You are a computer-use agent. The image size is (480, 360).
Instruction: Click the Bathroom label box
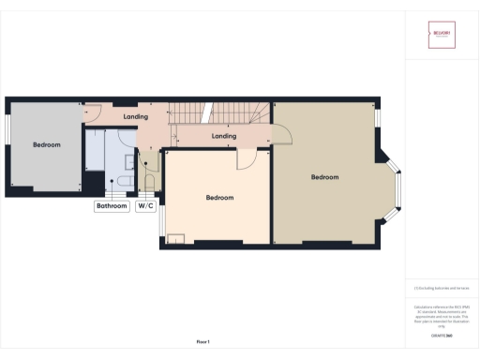[111, 206]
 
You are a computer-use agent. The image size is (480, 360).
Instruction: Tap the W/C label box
[145, 206]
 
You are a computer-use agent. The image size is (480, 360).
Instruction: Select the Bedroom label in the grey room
[47, 145]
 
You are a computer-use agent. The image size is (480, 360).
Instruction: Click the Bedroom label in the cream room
[219, 198]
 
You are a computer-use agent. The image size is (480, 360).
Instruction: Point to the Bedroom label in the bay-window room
[324, 177]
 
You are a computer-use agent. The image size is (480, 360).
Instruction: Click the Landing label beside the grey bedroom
[136, 117]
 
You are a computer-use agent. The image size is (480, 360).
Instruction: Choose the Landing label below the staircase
[224, 136]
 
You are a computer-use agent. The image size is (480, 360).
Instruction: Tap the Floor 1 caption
[203, 341]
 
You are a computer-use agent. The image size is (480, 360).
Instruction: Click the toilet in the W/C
[147, 181]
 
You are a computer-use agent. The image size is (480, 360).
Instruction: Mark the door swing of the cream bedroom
[246, 159]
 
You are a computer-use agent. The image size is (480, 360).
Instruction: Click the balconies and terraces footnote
[441, 288]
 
